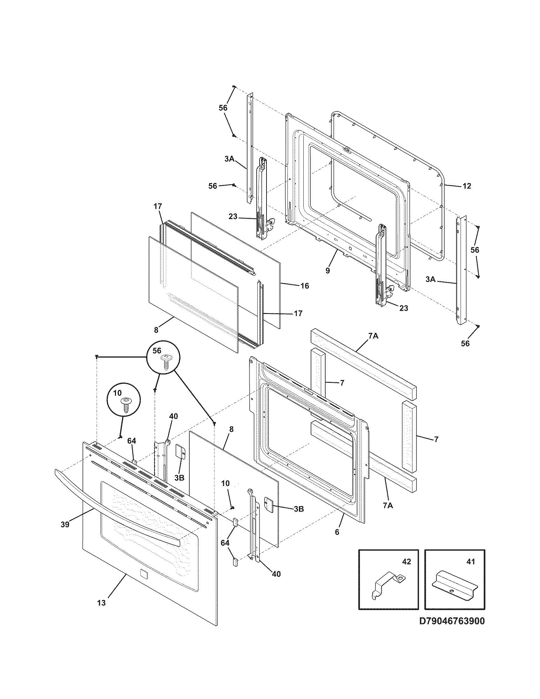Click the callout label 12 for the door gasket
point(467,186)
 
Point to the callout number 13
point(101,603)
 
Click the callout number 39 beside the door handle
point(65,525)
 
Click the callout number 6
point(337,532)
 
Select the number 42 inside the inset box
point(406,562)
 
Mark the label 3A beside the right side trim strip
point(431,279)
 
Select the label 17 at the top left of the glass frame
point(158,207)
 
